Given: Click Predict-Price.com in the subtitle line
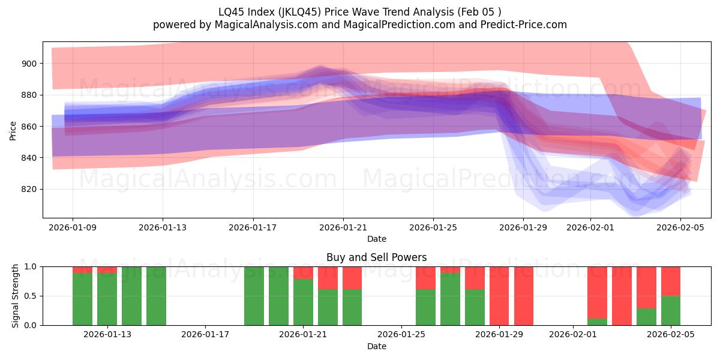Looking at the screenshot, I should [520, 25].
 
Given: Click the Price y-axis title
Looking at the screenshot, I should [13, 130].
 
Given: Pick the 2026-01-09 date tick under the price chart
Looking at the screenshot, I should [73, 227].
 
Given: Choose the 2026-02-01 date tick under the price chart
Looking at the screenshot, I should [590, 227].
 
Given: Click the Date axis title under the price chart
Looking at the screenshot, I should [377, 239].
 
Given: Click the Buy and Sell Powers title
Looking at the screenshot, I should [377, 257].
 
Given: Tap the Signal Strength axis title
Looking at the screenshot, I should [16, 296].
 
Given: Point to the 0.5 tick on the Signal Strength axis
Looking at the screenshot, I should [31, 296].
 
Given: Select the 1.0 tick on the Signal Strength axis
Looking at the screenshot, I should [31, 266].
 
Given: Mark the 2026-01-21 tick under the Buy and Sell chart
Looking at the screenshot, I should [303, 335].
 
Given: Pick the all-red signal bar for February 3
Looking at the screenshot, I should [622, 296].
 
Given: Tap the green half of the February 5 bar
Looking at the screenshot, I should [671, 311].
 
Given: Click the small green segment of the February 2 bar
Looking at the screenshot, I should [597, 322].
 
